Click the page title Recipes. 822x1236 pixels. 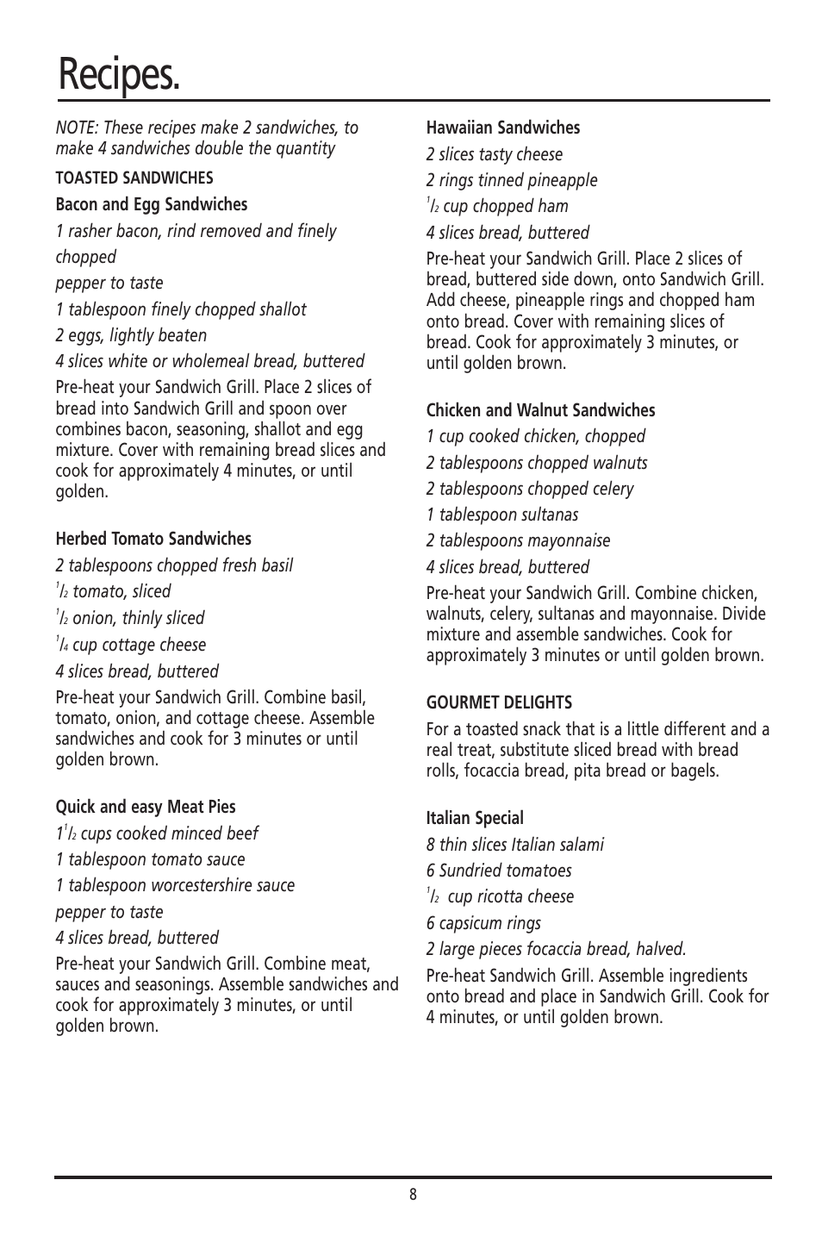119,74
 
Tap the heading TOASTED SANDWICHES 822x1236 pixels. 134,178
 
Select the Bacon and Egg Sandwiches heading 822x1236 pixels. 152,204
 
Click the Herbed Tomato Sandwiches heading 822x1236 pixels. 153,539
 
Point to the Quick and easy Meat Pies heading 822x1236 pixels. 146,807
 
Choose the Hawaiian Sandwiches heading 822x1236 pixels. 503,128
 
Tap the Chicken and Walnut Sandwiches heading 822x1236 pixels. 540,410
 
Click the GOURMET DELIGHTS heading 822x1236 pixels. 499,702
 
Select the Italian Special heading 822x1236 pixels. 475,818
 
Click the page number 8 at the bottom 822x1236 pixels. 413,1195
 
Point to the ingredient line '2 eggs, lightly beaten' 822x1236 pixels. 131,335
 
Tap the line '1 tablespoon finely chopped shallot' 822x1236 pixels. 181,309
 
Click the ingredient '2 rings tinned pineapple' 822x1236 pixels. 512,180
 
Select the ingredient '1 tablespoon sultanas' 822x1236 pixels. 502,515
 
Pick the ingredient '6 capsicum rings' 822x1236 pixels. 483,923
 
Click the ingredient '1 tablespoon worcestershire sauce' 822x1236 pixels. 175,885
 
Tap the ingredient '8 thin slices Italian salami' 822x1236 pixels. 515,845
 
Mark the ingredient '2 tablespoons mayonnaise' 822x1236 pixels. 518,540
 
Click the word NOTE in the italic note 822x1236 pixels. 76,128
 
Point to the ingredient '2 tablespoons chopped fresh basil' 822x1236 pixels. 174,565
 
